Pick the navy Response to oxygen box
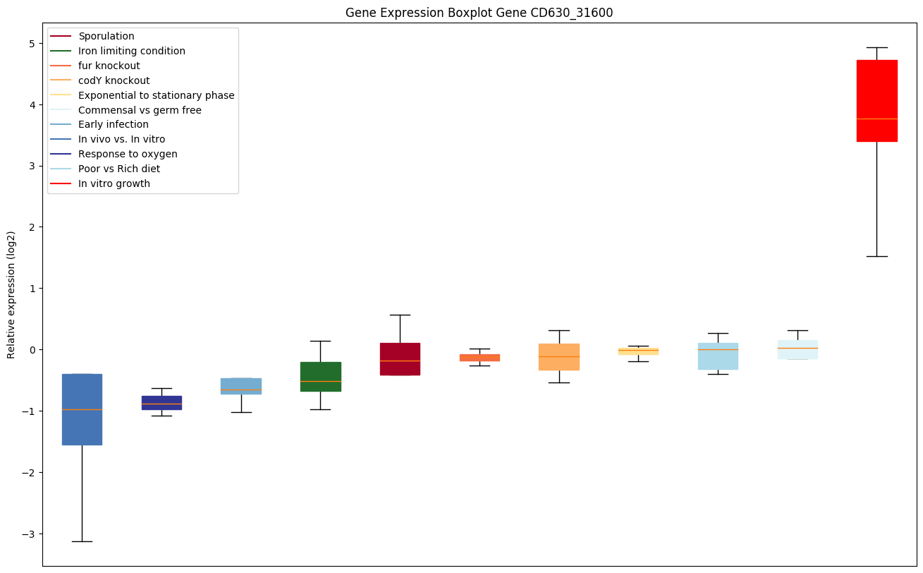(161, 402)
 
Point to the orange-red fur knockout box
(479, 358)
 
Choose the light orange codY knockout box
(559, 357)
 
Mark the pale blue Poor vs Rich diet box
(718, 356)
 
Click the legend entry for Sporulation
(106, 36)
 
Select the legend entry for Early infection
(113, 125)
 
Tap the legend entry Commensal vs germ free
(140, 110)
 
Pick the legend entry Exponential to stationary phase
(156, 95)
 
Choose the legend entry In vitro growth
(114, 184)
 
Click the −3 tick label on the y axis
(28, 534)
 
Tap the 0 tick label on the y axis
(32, 350)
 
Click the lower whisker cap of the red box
(876, 256)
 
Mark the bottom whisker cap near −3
(82, 541)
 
